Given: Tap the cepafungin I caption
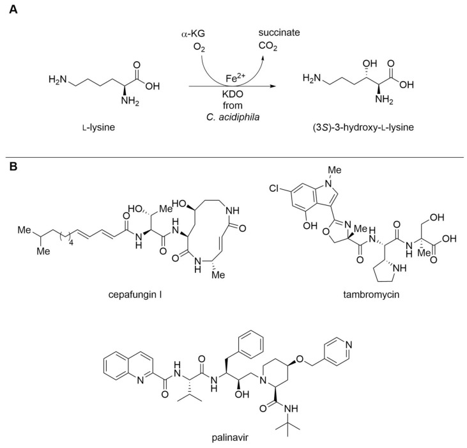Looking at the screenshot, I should coord(165,296).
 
